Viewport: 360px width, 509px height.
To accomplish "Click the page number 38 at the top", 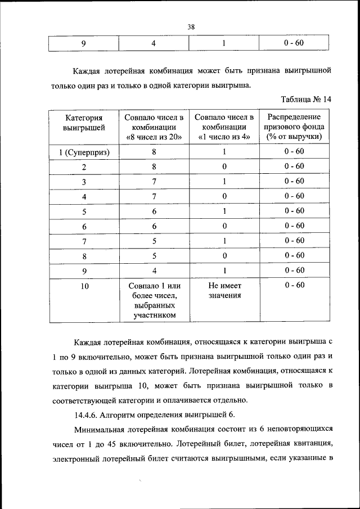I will (x=191, y=26).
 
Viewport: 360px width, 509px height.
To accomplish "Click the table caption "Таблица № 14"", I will (x=306, y=99).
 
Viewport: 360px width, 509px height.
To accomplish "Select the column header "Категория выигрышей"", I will (x=84, y=127).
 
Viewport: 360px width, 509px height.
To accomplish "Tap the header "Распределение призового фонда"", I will (x=294, y=127).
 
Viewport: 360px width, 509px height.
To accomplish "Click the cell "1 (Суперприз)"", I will (x=84, y=152).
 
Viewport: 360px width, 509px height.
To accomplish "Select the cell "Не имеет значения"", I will (x=224, y=290).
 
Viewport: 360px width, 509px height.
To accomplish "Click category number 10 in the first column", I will (x=84, y=286).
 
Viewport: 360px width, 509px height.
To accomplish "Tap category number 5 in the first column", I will (x=84, y=211).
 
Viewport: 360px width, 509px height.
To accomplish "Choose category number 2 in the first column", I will (x=84, y=166).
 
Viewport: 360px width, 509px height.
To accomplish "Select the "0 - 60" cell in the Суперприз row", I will (x=294, y=151).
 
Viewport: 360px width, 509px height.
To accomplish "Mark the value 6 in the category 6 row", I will (x=154, y=226).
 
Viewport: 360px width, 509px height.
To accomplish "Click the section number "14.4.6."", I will (x=91, y=415).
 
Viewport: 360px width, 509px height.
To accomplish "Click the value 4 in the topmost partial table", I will (x=153, y=43).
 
